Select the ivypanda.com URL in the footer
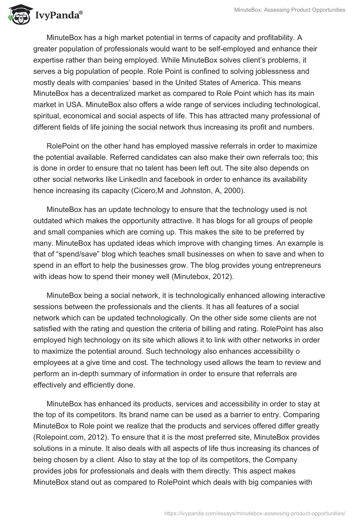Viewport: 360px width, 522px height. tap(255, 513)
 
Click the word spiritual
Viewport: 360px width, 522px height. tap(47, 114)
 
